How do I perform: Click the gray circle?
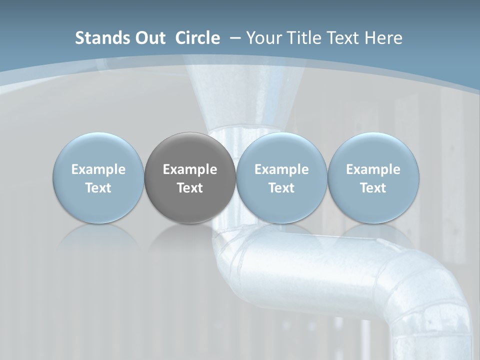[x=190, y=178]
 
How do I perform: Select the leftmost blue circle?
[x=98, y=178]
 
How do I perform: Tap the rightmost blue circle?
[x=373, y=178]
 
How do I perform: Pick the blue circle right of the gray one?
[x=281, y=178]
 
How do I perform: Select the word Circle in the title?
[x=197, y=38]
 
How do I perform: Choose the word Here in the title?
[x=383, y=38]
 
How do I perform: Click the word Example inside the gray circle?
[x=190, y=169]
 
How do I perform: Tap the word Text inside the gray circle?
[x=190, y=188]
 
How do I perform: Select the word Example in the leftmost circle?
[x=98, y=169]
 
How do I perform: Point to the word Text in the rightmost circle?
[x=373, y=188]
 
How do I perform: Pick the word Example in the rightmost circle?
[x=373, y=169]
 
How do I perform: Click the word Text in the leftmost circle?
[x=98, y=188]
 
